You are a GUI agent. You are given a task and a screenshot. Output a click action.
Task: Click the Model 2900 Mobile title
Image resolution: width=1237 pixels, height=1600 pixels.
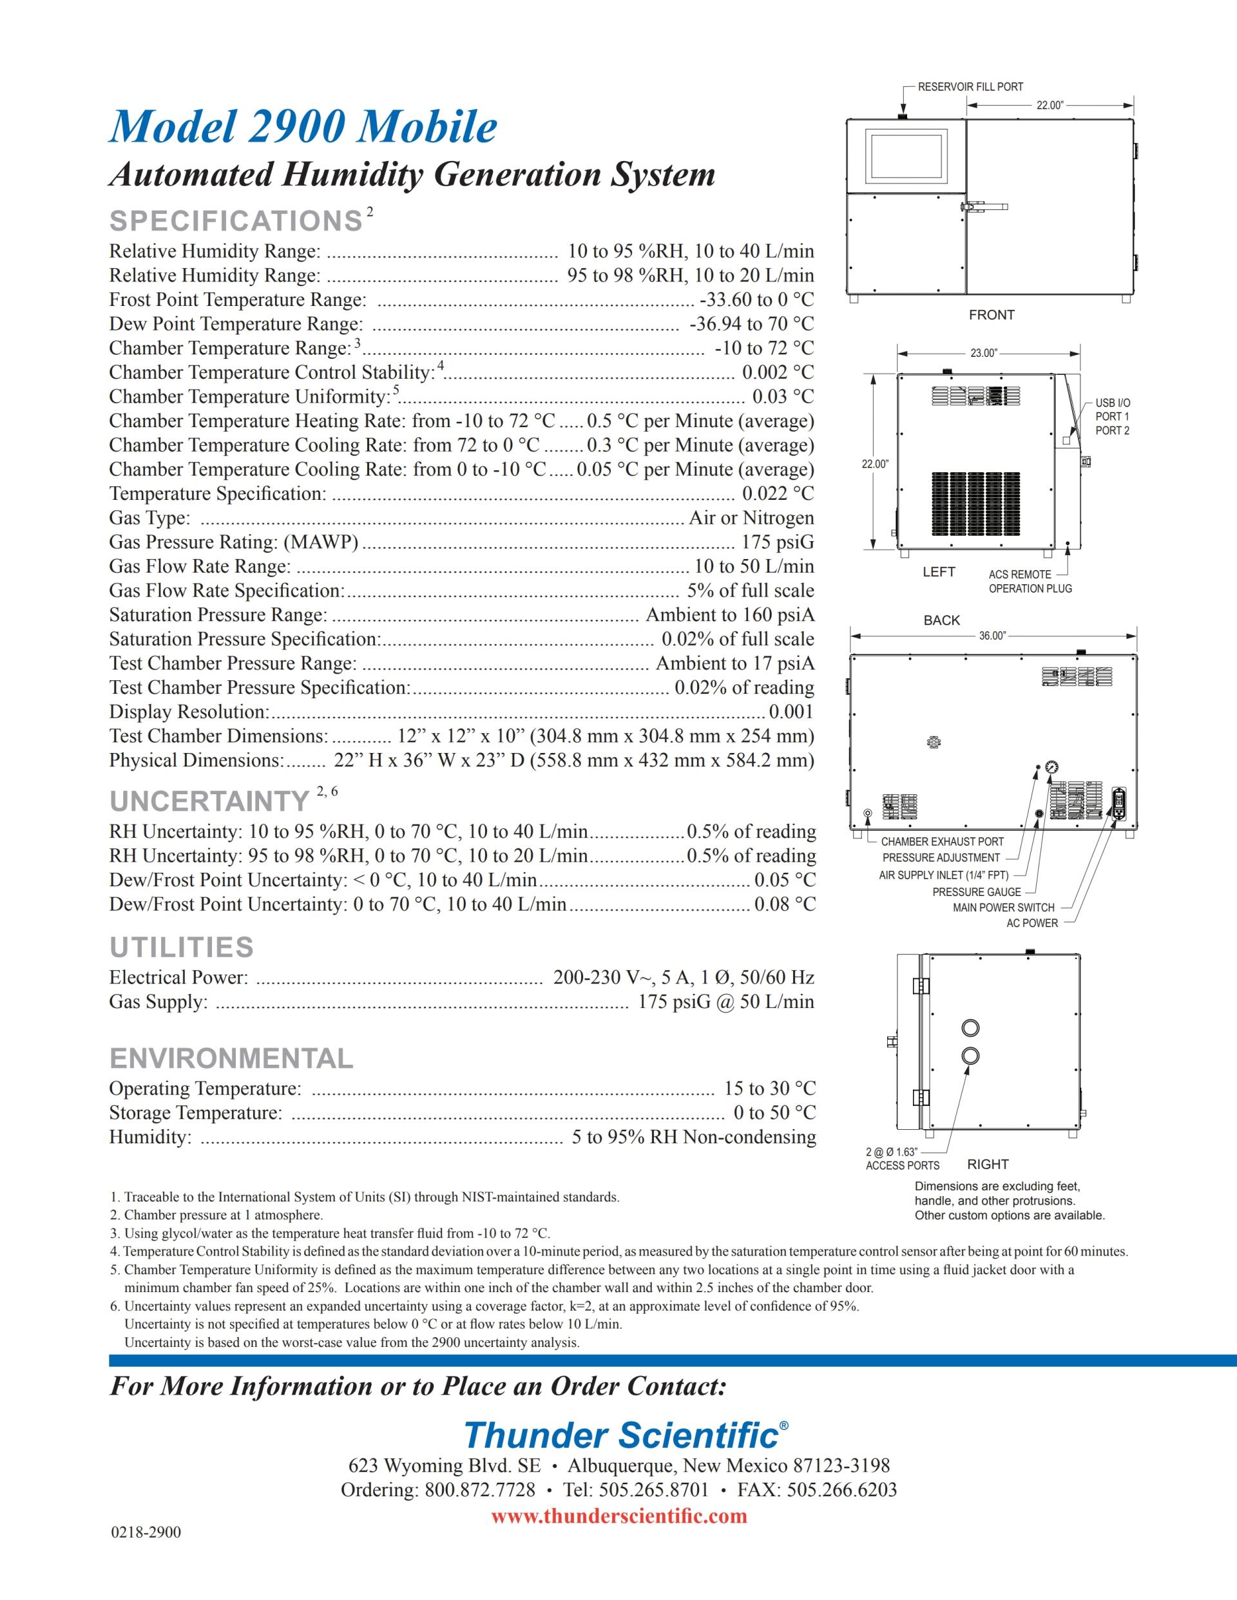click(x=303, y=128)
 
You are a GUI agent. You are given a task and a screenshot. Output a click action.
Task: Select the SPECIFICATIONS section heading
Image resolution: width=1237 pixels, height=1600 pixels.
click(x=236, y=221)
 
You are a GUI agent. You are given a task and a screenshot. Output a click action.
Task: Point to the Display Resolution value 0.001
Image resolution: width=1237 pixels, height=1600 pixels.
click(x=791, y=711)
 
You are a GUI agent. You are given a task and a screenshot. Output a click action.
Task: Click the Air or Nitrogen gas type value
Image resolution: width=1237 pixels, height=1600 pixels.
click(x=751, y=518)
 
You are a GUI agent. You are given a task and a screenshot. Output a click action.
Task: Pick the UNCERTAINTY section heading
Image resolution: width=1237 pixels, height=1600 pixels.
click(x=209, y=801)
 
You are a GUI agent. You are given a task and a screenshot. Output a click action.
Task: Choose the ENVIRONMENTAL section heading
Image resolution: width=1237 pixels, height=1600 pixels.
click(x=231, y=1058)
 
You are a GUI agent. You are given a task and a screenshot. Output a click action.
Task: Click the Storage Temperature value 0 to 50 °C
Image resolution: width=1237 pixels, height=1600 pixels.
click(x=774, y=1113)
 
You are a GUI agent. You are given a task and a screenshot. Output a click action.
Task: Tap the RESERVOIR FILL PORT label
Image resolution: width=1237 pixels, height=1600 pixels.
click(x=970, y=87)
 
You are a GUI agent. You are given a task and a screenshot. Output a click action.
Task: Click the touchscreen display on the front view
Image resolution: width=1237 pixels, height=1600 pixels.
click(x=906, y=157)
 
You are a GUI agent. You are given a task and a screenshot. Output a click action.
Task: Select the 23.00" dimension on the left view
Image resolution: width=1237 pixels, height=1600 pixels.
click(x=983, y=353)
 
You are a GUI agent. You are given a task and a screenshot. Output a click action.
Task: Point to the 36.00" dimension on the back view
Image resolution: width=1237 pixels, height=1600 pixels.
click(x=992, y=636)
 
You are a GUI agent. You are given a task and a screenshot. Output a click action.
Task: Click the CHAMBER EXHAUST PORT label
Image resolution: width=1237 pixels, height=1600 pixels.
click(x=942, y=842)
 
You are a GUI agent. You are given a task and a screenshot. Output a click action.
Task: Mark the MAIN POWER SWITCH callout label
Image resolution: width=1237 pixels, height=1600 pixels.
click(x=1003, y=908)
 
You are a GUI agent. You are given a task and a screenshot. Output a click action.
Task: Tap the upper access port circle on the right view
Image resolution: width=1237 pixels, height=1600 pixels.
click(x=970, y=1028)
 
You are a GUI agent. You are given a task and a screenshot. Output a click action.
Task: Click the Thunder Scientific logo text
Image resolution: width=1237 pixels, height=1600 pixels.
click(x=622, y=1435)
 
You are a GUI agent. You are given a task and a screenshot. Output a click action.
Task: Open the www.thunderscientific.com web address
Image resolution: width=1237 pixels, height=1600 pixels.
click(x=618, y=1516)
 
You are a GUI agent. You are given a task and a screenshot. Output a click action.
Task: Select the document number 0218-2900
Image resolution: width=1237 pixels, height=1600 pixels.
click(x=146, y=1532)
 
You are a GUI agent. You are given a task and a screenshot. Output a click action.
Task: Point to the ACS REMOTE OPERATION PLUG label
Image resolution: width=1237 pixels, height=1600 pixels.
click(x=1030, y=582)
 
